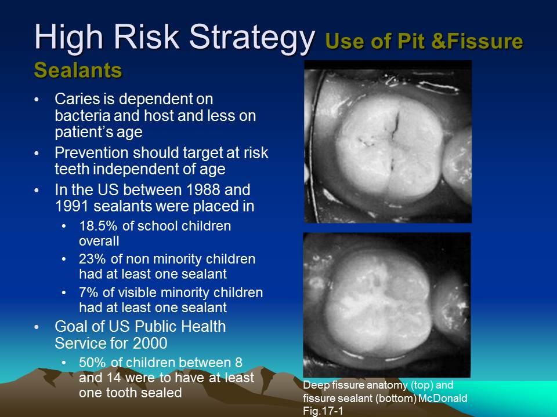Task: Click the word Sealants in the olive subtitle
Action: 78,69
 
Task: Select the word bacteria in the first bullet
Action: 79,116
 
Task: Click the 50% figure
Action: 92,363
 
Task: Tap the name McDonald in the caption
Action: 445,398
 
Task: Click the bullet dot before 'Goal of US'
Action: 38,327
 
